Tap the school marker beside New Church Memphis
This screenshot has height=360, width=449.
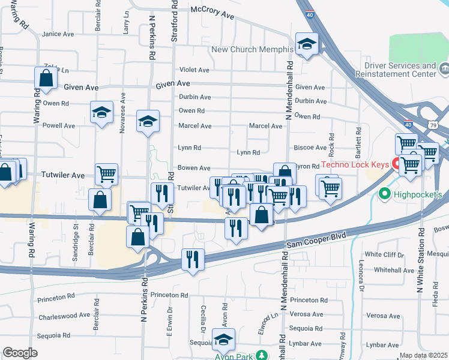click(307, 44)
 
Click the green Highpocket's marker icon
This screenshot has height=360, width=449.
click(384, 194)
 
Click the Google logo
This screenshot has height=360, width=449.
click(20, 353)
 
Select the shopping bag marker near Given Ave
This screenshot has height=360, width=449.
click(46, 78)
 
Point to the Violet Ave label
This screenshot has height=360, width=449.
click(194, 70)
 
